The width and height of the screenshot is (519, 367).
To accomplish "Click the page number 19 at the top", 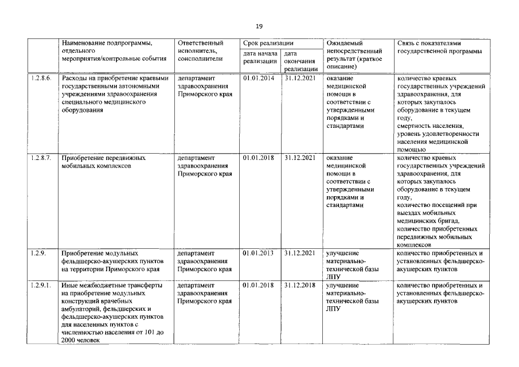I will [x=259, y=26].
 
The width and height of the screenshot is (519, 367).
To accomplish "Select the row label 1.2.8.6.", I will [x=41, y=78].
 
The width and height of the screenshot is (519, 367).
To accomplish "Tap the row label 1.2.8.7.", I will [x=41, y=157].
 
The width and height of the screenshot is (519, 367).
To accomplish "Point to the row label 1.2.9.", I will [x=38, y=253].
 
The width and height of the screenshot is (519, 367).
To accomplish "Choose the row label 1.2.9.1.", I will [x=41, y=285].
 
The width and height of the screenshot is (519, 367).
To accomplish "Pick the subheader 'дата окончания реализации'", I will [x=300, y=61].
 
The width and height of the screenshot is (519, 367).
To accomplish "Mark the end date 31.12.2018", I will [x=300, y=285].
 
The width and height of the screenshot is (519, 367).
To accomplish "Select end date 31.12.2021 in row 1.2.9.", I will [x=300, y=253].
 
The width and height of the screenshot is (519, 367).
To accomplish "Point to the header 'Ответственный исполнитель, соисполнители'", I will [x=201, y=50].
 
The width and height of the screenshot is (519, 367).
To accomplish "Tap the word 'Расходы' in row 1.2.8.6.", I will [x=75, y=79].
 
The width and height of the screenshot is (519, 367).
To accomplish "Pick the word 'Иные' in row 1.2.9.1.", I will [x=69, y=285].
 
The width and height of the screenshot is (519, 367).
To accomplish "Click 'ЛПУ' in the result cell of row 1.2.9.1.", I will [x=333, y=309].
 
